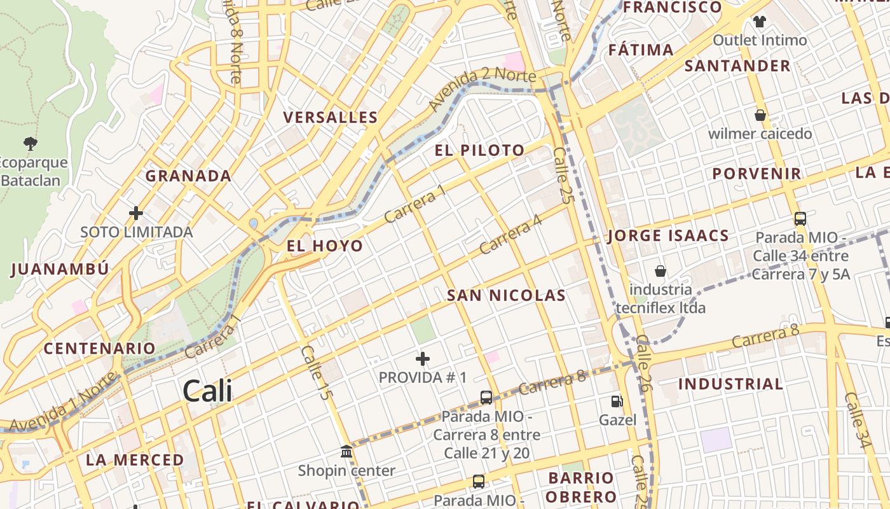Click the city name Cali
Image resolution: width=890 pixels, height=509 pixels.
click(207, 391)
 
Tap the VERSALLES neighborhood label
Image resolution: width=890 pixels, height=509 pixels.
click(331, 118)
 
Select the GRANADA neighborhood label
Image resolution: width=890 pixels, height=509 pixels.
click(188, 176)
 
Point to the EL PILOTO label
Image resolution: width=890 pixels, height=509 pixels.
click(480, 151)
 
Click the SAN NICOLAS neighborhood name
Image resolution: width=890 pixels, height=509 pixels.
click(506, 295)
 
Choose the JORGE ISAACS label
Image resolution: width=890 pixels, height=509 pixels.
click(668, 236)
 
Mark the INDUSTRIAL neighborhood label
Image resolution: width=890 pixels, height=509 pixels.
click(730, 384)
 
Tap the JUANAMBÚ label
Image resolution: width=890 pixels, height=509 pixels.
click(60, 269)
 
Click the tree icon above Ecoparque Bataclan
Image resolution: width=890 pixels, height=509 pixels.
click(30, 143)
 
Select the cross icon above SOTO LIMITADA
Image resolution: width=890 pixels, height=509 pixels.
click(136, 213)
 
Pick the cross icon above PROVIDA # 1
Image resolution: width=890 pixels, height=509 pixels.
click(423, 359)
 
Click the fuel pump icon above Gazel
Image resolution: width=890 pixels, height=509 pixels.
click(617, 401)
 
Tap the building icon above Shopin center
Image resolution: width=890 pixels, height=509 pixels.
click(346, 452)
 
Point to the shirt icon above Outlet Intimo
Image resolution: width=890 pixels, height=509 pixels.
click(759, 22)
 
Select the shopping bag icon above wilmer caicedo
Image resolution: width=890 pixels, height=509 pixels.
click(760, 115)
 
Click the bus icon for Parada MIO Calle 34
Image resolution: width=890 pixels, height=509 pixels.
click(800, 219)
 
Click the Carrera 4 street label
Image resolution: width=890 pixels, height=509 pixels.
click(510, 234)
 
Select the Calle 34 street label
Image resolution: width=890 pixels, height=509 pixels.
click(856, 420)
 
